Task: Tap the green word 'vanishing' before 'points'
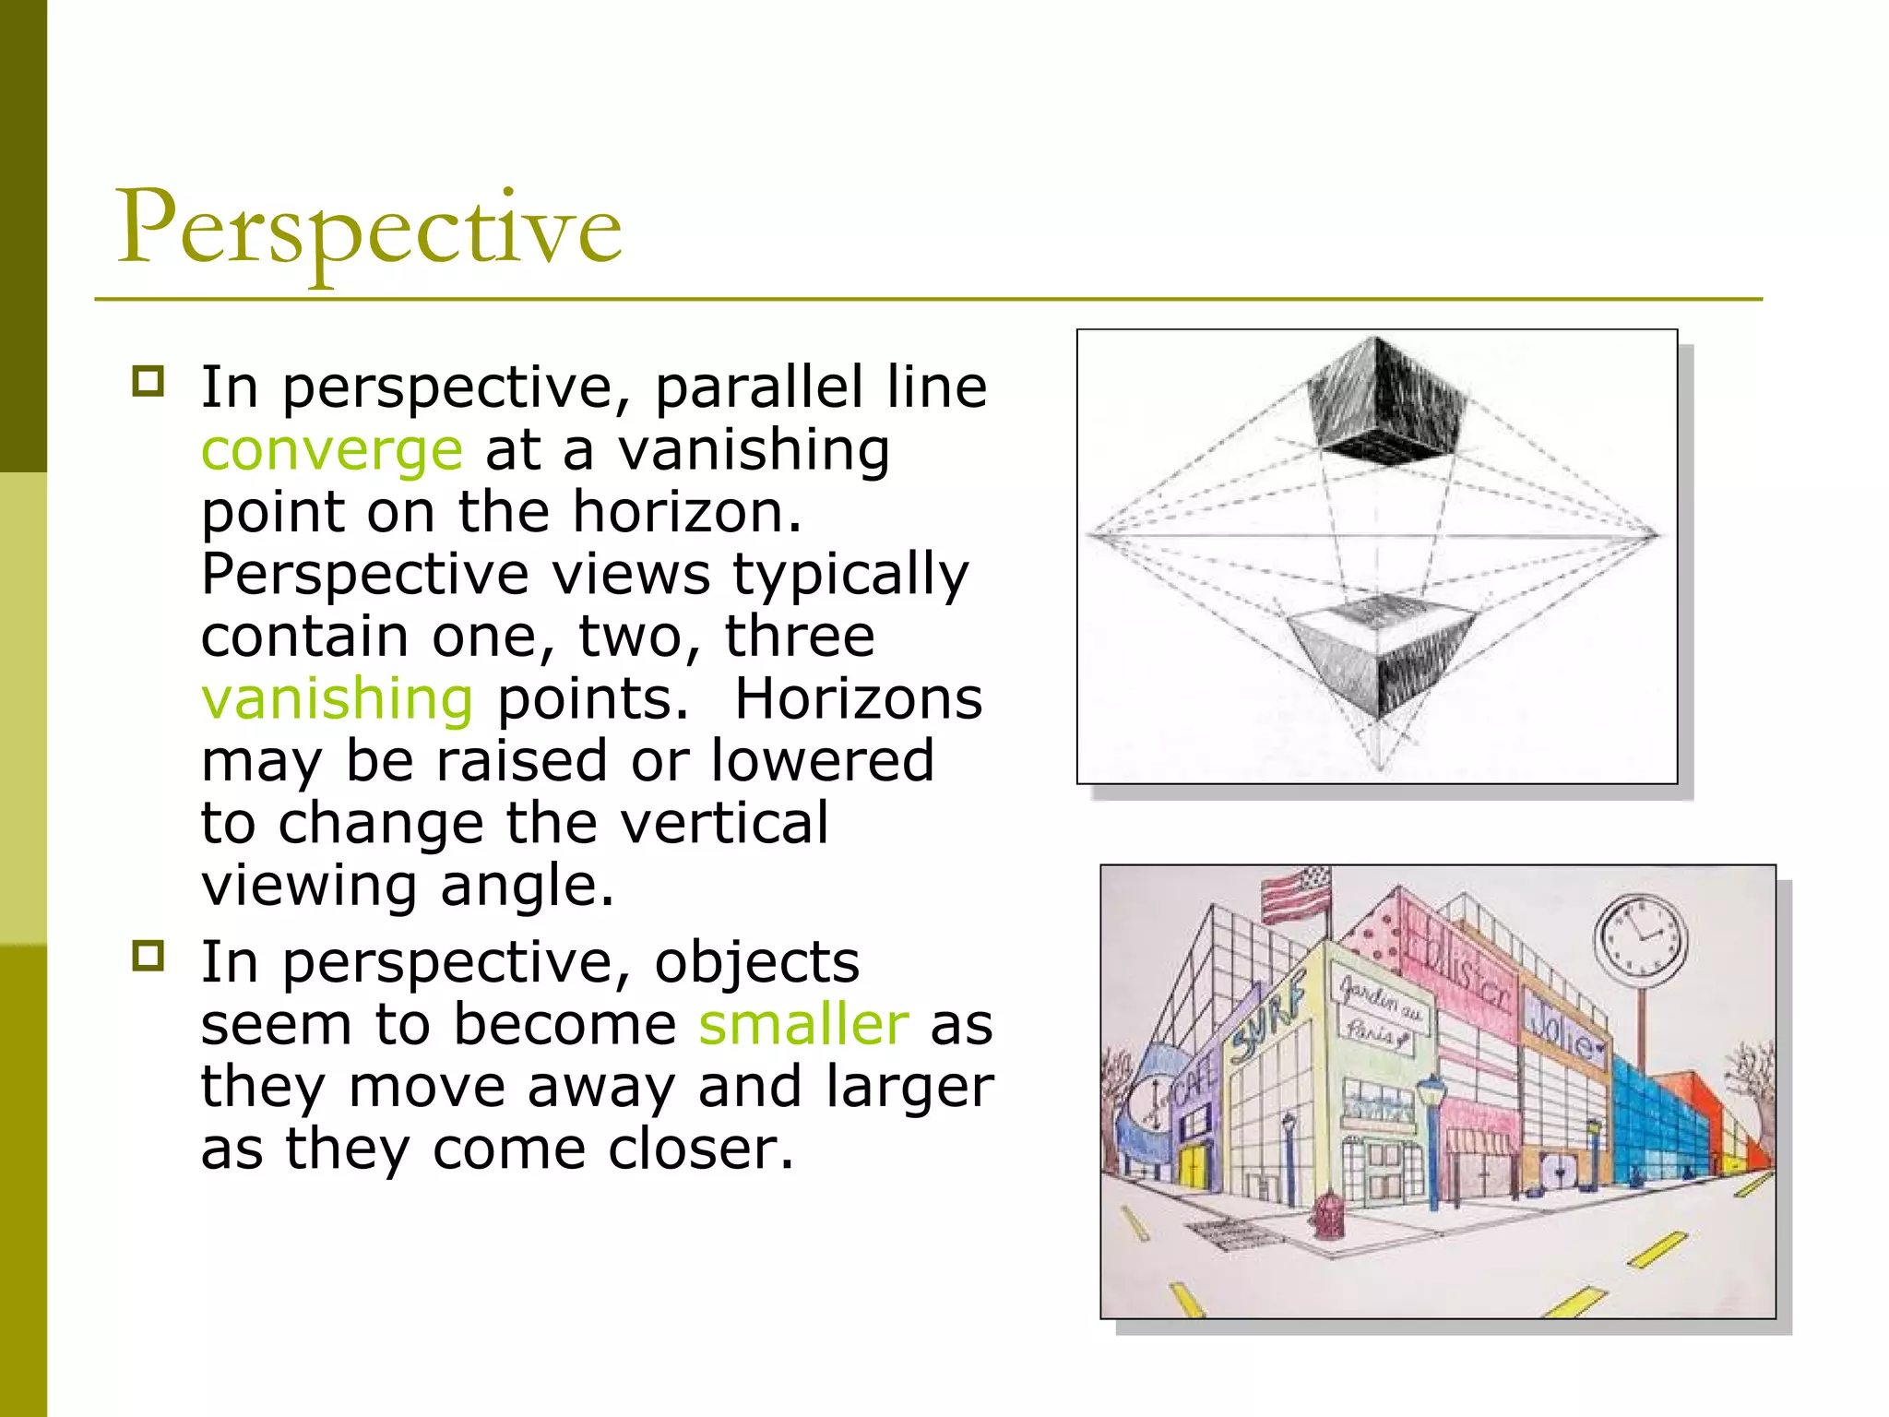[337, 698]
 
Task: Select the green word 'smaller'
[803, 1024]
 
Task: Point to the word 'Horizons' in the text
[858, 698]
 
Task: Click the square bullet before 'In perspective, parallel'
[148, 381]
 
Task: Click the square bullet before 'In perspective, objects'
[148, 957]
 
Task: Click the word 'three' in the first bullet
[800, 636]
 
